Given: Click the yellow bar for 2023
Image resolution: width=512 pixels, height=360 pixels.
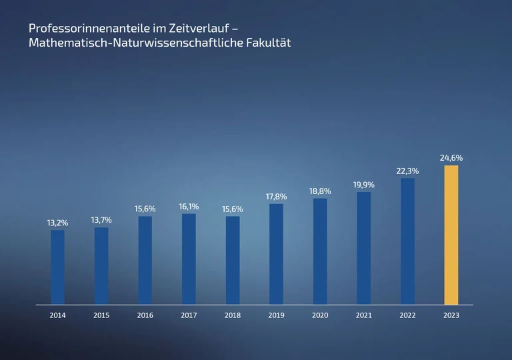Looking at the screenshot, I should pos(451,235).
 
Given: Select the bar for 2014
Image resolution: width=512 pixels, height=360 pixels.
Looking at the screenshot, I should pos(58,267).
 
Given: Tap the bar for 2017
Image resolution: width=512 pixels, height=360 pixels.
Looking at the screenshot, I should pos(189,259).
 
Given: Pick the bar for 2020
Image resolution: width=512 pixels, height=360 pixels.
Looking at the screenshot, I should pos(320,251).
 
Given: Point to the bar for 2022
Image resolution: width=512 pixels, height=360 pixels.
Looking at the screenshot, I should pos(407,241).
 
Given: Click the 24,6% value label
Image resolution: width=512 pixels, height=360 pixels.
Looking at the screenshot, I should pos(451,158).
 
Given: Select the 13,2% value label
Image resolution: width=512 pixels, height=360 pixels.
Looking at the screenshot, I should pos(58,223).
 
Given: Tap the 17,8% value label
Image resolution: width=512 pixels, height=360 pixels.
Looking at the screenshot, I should pos(276,197).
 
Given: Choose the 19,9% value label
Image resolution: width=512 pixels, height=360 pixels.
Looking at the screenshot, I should pos(364,185).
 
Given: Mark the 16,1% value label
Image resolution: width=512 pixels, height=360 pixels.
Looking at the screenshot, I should pos(189,207).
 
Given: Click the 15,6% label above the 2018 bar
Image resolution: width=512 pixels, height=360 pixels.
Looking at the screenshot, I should pos(233,209).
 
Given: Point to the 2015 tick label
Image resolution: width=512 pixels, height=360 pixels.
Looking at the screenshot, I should pos(101,315).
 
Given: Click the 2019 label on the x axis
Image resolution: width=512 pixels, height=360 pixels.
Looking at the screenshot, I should pos(276,315).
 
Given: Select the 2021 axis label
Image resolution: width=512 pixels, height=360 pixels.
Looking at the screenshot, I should pos(364,315).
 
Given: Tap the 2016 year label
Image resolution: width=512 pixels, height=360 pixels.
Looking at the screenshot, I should pos(145,315).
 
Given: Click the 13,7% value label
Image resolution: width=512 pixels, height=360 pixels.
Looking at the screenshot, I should pos(101,220).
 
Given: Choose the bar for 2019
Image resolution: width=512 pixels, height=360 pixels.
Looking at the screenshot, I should pos(276,254).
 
